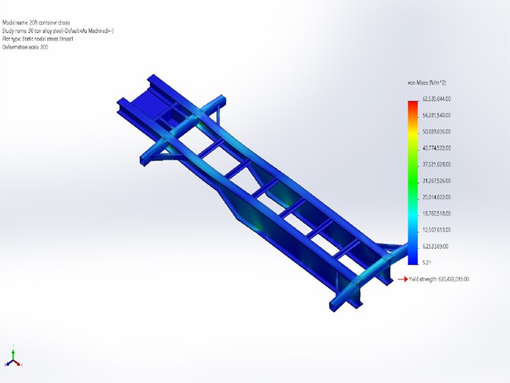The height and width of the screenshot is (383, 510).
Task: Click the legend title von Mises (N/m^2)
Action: point(426,82)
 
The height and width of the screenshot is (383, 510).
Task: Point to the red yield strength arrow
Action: point(403,279)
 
